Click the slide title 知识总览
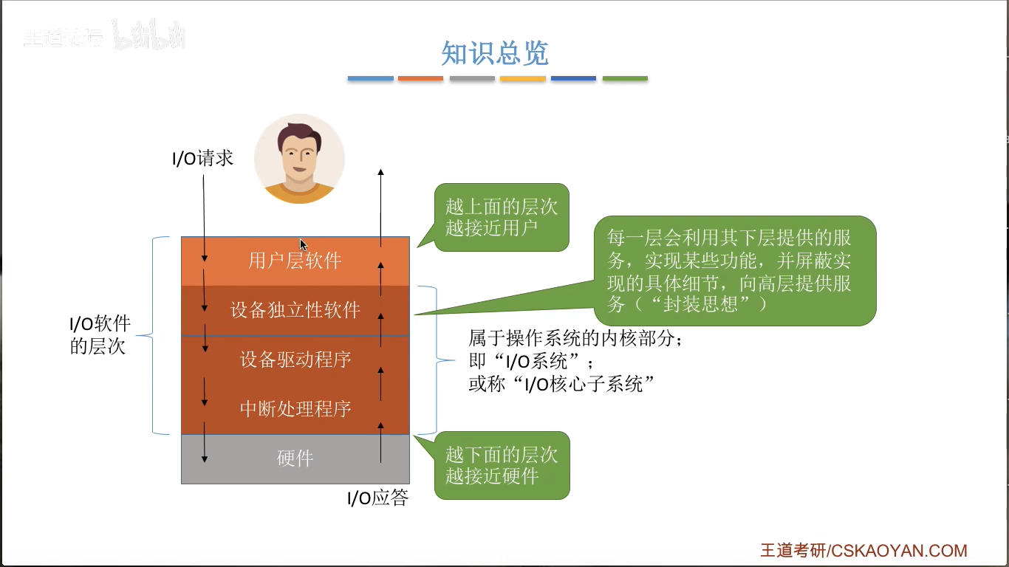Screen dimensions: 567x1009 pos(494,53)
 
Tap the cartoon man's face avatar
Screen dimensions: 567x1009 pos(299,159)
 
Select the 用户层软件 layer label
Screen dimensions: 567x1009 pos(295,261)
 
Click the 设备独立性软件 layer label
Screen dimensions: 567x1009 pos(295,310)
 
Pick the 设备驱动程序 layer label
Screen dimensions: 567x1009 pos(295,360)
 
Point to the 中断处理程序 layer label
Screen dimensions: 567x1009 pos(295,408)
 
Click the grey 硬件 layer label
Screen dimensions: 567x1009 pos(295,458)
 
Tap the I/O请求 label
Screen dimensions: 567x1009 pos(202,158)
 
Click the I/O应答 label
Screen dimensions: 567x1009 pos(377,498)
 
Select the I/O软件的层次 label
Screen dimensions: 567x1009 pos(100,335)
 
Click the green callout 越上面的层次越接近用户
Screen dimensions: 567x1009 pos(502,216)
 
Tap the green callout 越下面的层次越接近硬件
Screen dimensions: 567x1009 pos(502,465)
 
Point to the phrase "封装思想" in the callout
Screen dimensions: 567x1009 pos(699,303)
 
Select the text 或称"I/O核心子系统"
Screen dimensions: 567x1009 pos(562,384)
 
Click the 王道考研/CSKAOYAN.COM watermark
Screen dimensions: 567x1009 pos(863,551)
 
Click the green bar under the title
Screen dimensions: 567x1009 pos(625,78)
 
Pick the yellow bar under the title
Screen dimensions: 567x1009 pos(523,78)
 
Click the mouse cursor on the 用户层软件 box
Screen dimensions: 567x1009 pos(303,244)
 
